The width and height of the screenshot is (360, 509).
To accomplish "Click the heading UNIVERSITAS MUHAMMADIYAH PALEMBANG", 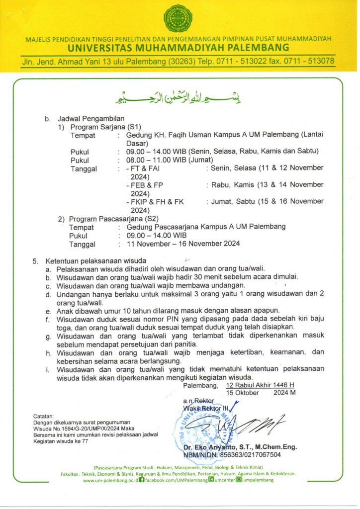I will (x=180, y=48).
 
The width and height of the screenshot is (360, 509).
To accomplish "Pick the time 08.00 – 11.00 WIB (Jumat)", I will (x=170, y=160).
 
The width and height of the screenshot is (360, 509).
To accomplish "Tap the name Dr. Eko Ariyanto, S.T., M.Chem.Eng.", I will (x=240, y=447).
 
